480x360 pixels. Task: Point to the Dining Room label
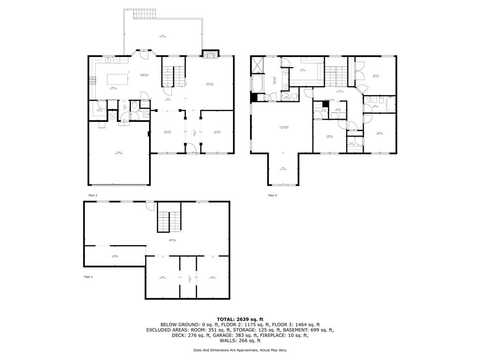pyautogui.click(x=167, y=133)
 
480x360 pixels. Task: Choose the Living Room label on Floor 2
pyautogui.click(x=217, y=133)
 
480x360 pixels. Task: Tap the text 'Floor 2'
pyautogui.click(x=93, y=195)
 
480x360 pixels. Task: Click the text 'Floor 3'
pyautogui.click(x=272, y=195)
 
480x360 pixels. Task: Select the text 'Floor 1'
pyautogui.click(x=88, y=277)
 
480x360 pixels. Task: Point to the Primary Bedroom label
pyautogui.click(x=284, y=127)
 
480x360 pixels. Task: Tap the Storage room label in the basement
pyautogui.click(x=114, y=256)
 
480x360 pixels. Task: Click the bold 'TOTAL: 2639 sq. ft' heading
pyautogui.click(x=240, y=319)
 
